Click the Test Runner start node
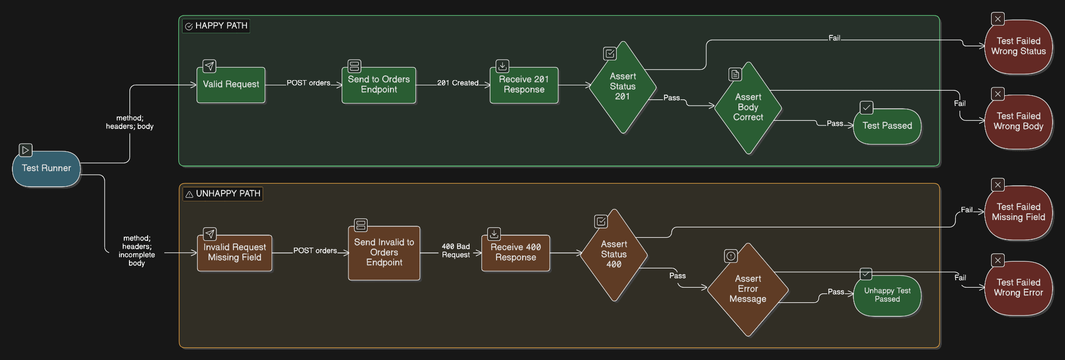tap(46, 169)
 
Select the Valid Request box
tap(231, 85)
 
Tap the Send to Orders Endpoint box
tap(379, 85)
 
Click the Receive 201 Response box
tap(524, 85)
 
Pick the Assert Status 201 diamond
tap(622, 87)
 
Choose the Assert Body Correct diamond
tap(748, 108)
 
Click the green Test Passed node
tap(887, 126)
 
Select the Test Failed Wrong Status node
tap(1018, 46)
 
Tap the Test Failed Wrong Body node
tap(1018, 121)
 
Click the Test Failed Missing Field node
tap(1018, 212)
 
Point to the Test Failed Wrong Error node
tap(1018, 288)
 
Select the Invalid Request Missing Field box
tap(235, 253)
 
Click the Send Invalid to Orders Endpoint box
tap(384, 253)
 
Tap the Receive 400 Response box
tap(515, 253)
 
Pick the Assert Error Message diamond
tap(748, 289)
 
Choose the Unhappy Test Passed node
tap(887, 295)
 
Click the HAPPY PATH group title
tap(216, 26)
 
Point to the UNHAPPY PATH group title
tap(223, 194)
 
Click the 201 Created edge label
tap(458, 83)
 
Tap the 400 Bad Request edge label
tap(456, 251)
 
